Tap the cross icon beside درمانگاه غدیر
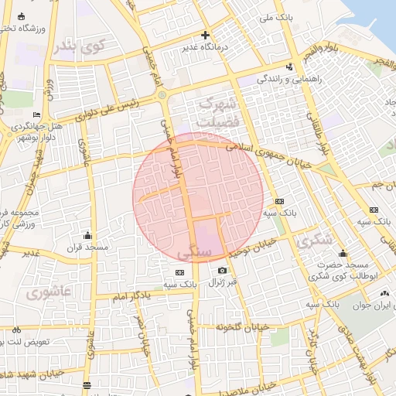[205, 35]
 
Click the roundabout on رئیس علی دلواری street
[162, 95]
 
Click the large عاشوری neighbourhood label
[48, 293]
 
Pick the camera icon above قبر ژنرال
[223, 270]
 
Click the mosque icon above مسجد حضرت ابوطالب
[343, 252]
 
